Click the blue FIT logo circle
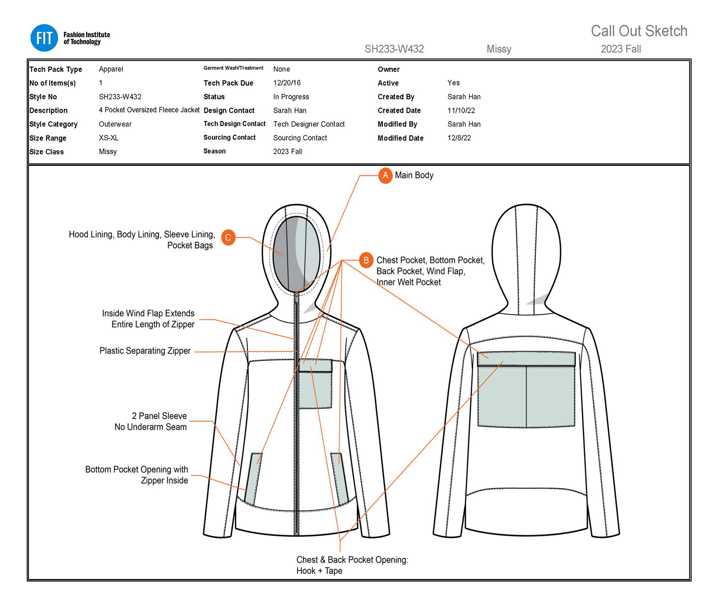click(x=44, y=38)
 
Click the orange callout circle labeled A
click(x=385, y=176)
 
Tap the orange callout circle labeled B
click(x=366, y=260)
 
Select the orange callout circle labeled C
click(x=228, y=238)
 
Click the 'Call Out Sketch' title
click(x=639, y=31)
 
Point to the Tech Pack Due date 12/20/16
click(x=287, y=83)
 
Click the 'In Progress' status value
click(x=291, y=97)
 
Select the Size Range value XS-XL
click(x=109, y=138)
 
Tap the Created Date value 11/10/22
click(x=461, y=110)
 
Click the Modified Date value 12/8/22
click(x=459, y=138)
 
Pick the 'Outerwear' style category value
click(x=115, y=124)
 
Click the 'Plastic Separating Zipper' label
click(x=145, y=351)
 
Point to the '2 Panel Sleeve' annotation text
click(x=159, y=416)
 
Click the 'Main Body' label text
click(x=414, y=175)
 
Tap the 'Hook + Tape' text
click(x=319, y=571)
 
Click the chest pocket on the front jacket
click(x=315, y=389)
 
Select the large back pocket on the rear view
click(x=526, y=395)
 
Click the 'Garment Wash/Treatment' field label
click(x=233, y=68)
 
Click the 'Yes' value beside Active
click(x=453, y=83)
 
